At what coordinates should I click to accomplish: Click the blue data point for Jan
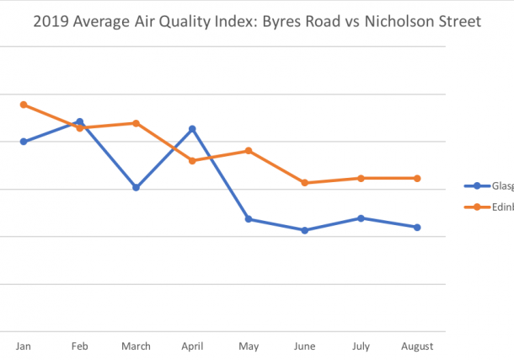24,142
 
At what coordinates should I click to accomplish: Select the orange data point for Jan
24,105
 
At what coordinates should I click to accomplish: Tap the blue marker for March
136,187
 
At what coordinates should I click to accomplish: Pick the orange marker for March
136,123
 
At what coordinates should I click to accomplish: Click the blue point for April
192,129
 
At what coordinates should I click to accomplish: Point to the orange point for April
192,161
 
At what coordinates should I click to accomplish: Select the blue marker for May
249,219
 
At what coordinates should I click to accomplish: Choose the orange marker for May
249,151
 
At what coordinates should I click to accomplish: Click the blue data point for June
305,230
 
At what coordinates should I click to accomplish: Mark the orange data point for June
305,183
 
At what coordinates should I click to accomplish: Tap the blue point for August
417,227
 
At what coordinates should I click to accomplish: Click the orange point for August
417,178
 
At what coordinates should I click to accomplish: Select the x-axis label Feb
80,347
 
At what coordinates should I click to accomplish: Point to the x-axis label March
136,347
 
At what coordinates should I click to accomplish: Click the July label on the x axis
361,347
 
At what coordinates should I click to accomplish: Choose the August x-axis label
417,347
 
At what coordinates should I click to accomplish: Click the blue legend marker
477,186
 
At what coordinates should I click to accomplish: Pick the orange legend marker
477,207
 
